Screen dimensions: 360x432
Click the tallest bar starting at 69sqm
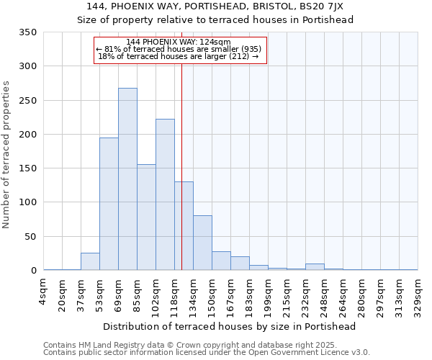[127, 179]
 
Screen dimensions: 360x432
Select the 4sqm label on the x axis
[43, 292]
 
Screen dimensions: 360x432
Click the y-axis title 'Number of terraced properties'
[6, 154]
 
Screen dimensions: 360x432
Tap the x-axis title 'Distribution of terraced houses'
[230, 326]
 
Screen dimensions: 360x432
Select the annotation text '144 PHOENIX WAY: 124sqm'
[179, 42]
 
